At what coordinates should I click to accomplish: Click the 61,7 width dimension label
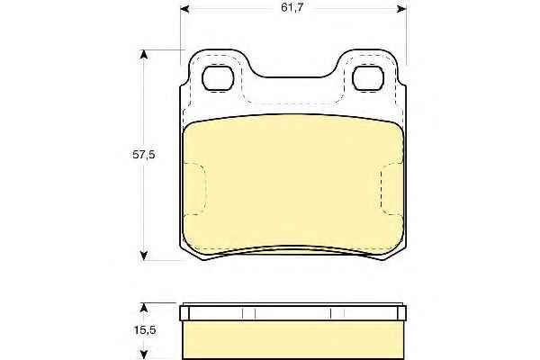tap(292, 7)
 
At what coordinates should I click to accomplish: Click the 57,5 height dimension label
tap(144, 155)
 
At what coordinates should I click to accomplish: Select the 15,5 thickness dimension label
tap(145, 330)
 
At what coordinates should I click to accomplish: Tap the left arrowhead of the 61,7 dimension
tap(184, 9)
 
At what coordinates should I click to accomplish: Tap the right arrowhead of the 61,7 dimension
tap(402, 9)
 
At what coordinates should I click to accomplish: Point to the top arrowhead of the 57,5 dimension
tap(144, 54)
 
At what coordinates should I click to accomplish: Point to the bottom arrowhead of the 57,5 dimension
tap(144, 256)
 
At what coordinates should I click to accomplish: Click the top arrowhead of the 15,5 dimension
tap(144, 308)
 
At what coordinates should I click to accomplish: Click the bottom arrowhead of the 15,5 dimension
tap(144, 355)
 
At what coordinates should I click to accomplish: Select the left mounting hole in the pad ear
tap(218, 78)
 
